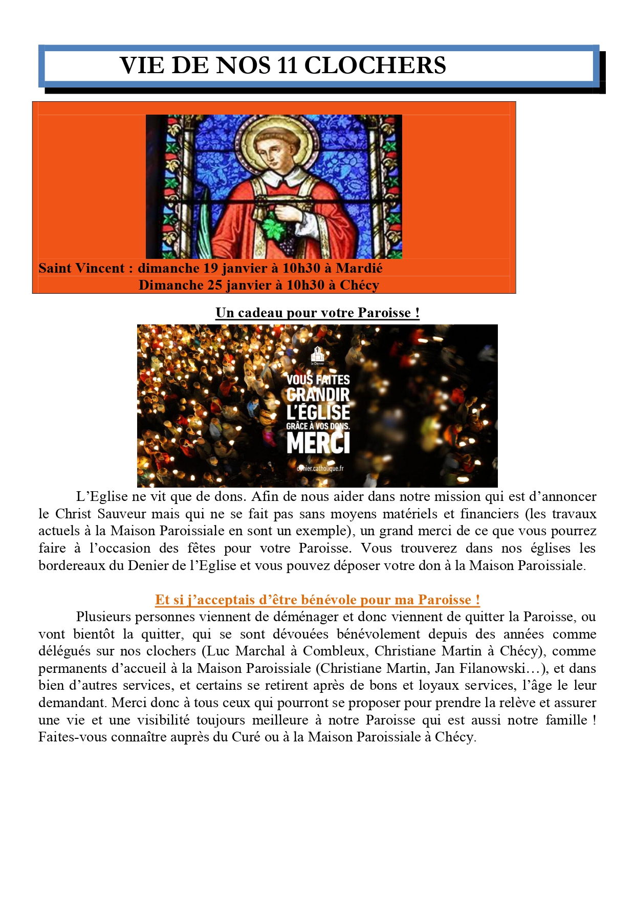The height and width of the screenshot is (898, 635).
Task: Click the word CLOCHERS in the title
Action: point(375,66)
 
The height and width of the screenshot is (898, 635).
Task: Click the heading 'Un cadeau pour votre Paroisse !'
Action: point(317,313)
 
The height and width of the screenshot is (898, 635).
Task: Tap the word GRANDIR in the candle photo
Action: point(318,395)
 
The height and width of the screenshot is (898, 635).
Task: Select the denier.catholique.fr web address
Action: point(320,468)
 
